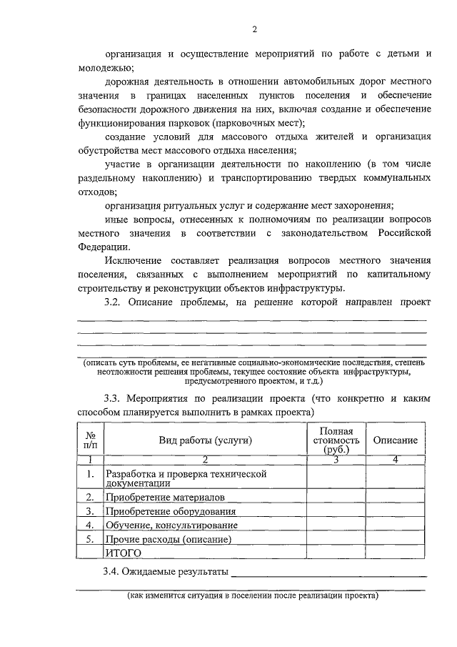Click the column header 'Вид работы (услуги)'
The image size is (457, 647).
(205, 441)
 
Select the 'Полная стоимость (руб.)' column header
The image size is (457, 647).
(336, 441)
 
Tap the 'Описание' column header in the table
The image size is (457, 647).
(396, 441)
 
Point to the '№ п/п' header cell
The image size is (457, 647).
(91, 441)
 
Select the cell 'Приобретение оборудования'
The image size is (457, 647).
(170, 511)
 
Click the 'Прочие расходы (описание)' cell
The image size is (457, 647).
(169, 539)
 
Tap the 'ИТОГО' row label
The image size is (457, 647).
(124, 553)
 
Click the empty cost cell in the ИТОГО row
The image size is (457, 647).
(336, 553)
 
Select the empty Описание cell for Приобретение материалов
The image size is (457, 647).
(396, 497)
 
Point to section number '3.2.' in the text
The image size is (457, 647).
(115, 302)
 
